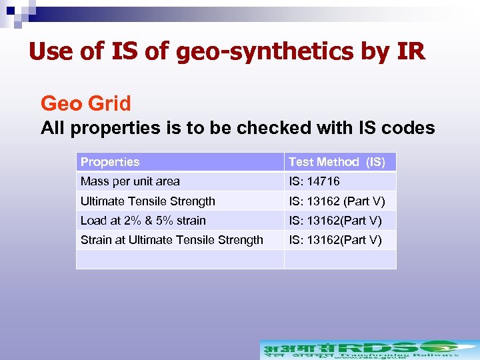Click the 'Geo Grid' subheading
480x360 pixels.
pyautogui.click(x=86, y=104)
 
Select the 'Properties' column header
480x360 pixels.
pyautogui.click(x=110, y=162)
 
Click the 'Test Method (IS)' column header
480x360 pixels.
pyautogui.click(x=337, y=162)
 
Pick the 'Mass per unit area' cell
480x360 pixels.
pyautogui.click(x=130, y=181)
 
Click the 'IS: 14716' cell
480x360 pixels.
pyautogui.click(x=314, y=181)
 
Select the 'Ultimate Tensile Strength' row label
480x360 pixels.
pyautogui.click(x=148, y=201)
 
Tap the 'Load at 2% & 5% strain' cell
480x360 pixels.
pyautogui.click(x=143, y=221)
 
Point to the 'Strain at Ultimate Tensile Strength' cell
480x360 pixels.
pyautogui.click(x=172, y=240)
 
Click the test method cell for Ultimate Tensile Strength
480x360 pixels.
pyautogui.click(x=337, y=201)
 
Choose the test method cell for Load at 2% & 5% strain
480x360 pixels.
pyautogui.click(x=335, y=221)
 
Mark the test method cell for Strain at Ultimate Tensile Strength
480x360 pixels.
pyautogui.click(x=335, y=240)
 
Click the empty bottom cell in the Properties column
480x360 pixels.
pyautogui.click(x=180, y=259)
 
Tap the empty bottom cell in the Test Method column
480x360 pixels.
pyautogui.click(x=340, y=259)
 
